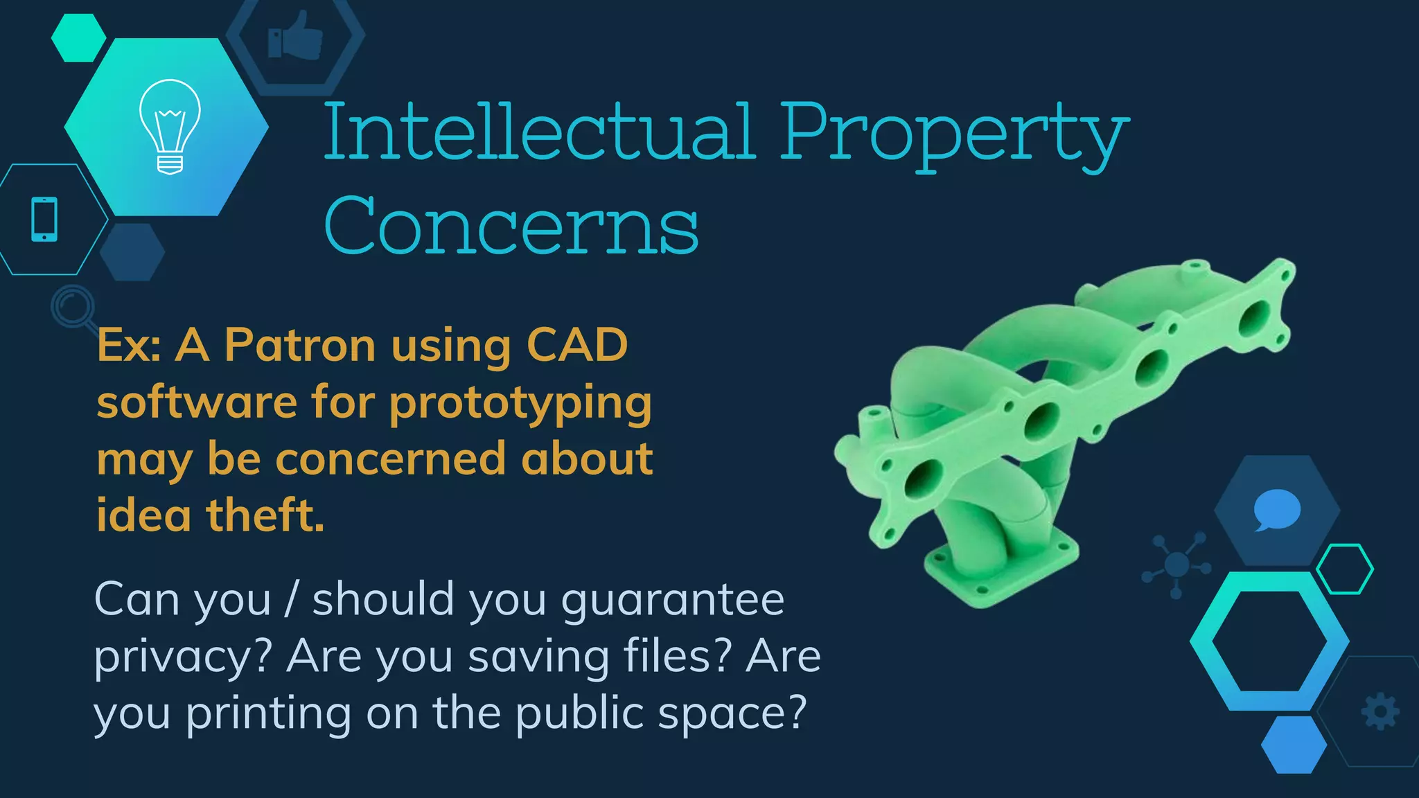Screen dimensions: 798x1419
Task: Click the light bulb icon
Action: [x=170, y=126]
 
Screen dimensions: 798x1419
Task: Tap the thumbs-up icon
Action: [x=296, y=36]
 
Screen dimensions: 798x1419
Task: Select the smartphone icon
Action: [x=44, y=220]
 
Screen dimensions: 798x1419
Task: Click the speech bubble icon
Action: [x=1276, y=509]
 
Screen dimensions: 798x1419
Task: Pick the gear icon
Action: [x=1380, y=711]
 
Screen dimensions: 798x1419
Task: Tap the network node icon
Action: [x=1176, y=565]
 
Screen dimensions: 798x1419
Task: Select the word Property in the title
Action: [x=954, y=133]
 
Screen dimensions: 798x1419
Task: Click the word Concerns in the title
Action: [x=511, y=225]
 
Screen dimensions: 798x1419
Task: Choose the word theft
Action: [x=265, y=515]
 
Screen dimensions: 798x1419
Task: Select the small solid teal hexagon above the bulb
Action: [x=78, y=37]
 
